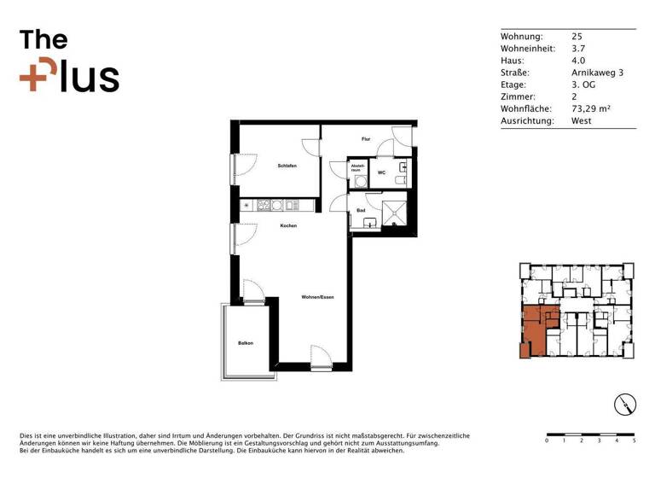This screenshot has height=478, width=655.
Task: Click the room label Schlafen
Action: point(287,166)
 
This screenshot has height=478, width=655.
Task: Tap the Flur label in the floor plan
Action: point(366,138)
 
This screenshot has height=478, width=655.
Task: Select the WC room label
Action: point(382,172)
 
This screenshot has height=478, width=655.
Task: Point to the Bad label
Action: point(361,209)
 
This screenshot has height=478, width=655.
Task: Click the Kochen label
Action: point(287,225)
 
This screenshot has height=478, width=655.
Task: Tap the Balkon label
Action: point(246,343)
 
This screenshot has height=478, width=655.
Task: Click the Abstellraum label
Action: point(358,167)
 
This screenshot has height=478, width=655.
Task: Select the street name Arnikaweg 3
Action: point(597,73)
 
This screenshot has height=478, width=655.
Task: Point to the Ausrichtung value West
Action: point(582,121)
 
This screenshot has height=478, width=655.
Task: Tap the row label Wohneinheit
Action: point(527,50)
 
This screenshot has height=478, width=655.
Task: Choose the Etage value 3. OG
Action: point(585,85)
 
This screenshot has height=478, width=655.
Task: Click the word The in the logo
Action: point(43,40)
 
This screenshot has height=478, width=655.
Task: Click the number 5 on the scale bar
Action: point(634,441)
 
